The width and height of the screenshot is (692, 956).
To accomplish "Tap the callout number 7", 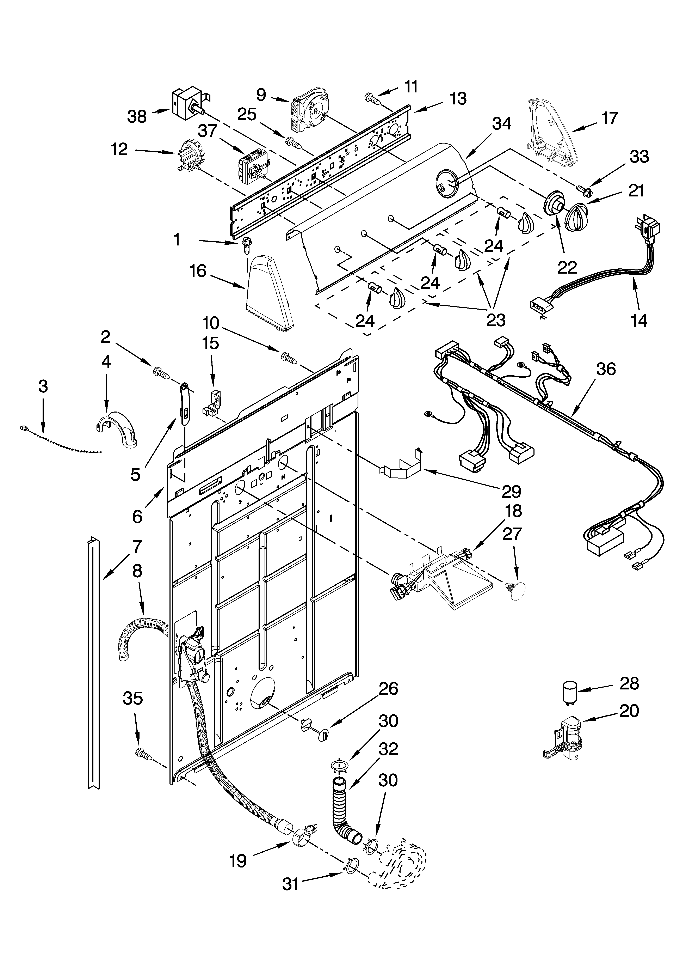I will pos(137,547).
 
